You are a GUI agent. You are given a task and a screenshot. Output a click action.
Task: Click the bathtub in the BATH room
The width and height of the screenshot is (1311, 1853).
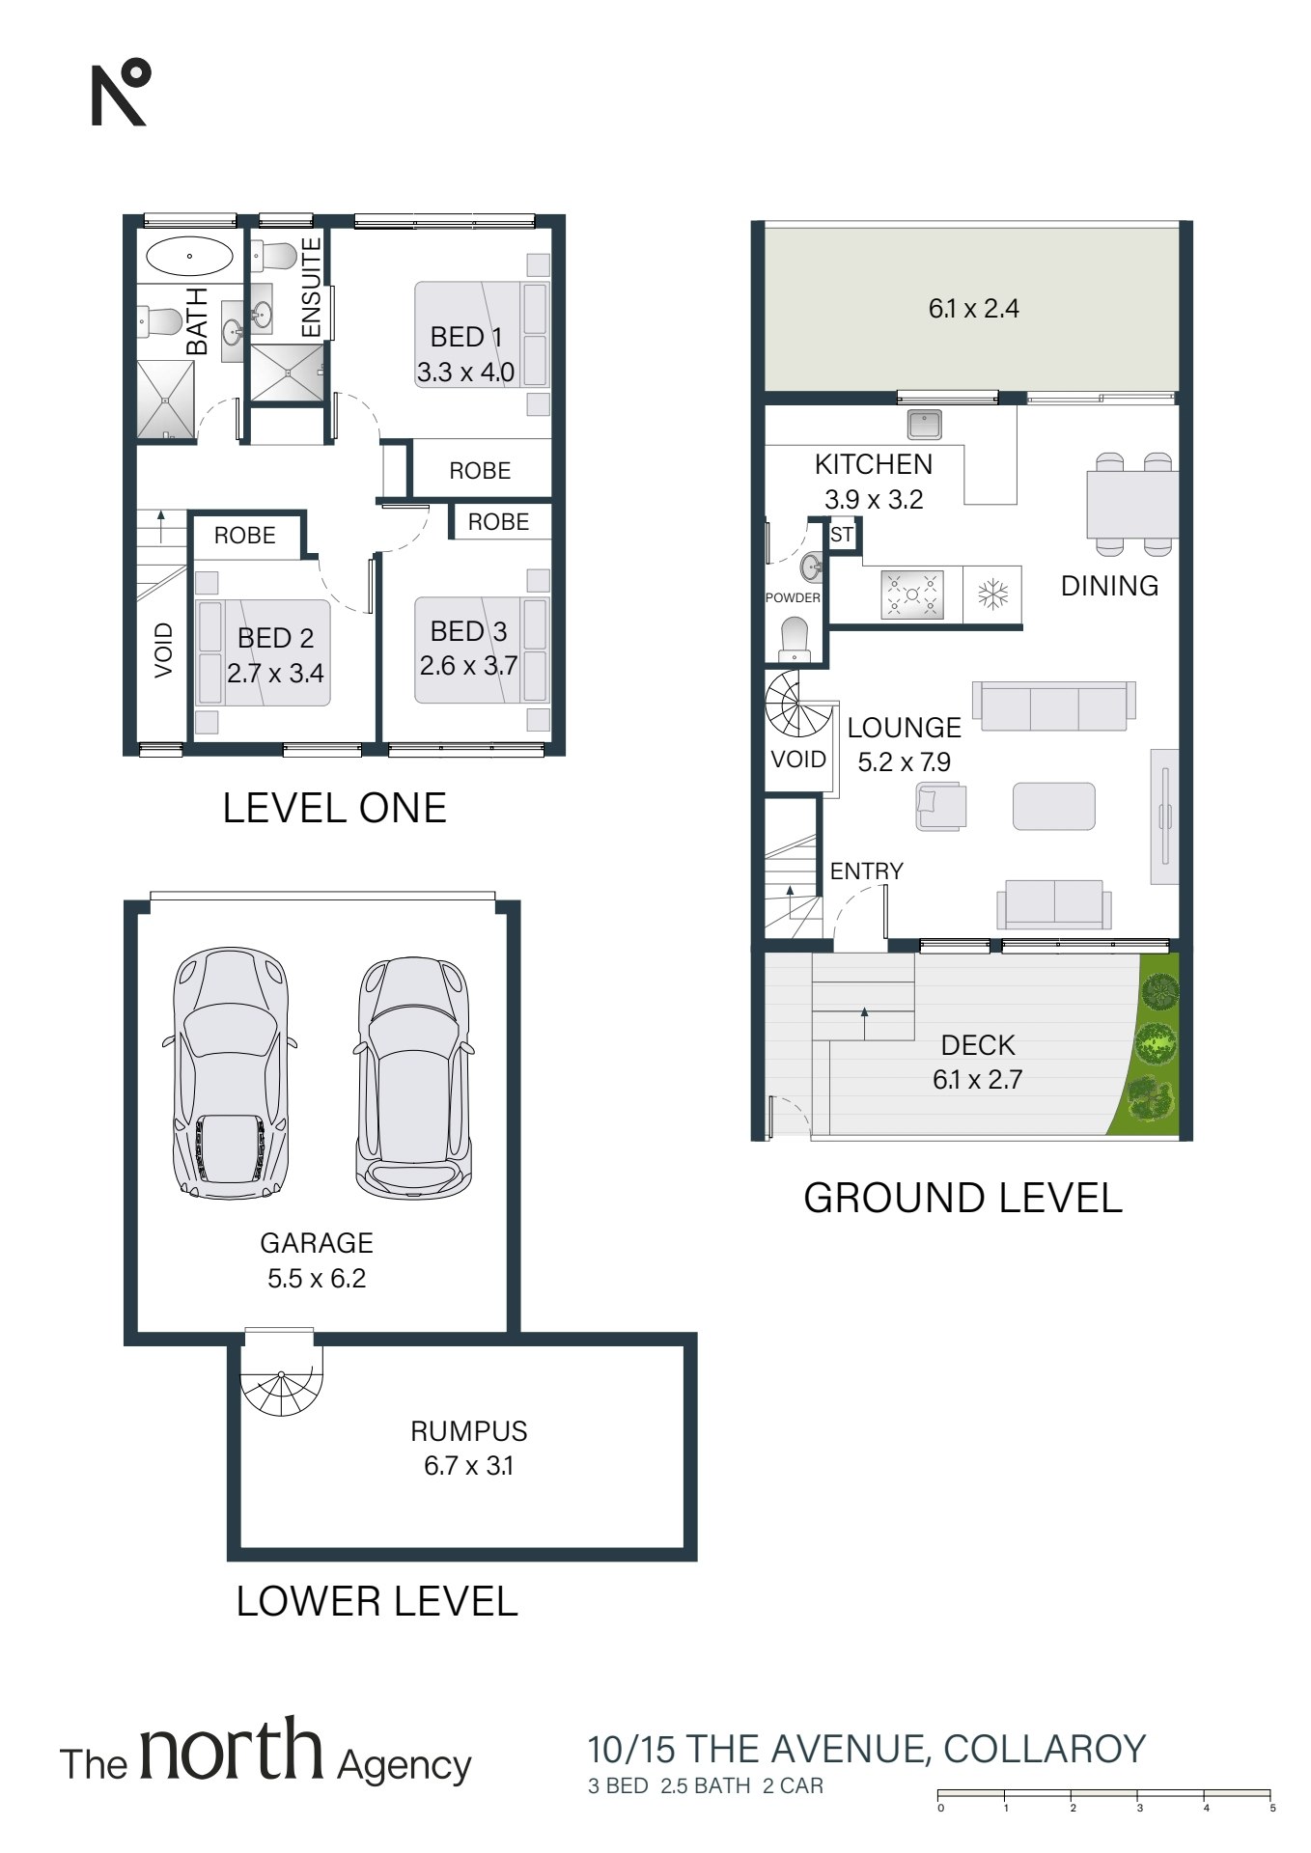click(189, 257)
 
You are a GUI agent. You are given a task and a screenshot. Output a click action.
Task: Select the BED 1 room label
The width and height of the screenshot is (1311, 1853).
click(465, 337)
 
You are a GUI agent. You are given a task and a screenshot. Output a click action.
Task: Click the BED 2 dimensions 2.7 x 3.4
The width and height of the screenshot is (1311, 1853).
click(275, 673)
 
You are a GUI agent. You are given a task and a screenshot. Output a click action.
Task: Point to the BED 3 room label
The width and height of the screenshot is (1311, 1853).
click(468, 631)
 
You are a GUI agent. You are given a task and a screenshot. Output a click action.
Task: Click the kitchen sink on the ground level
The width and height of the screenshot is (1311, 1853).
click(924, 423)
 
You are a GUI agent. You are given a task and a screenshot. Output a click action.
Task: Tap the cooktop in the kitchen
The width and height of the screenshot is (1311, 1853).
click(911, 595)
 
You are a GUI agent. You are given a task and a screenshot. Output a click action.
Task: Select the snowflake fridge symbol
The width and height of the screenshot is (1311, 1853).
click(992, 595)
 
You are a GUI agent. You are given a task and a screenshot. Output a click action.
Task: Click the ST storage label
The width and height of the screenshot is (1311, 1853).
click(842, 535)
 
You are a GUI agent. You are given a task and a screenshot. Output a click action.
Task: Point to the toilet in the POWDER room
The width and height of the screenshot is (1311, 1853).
click(794, 639)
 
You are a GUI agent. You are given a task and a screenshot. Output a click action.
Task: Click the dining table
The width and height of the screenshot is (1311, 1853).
click(1131, 504)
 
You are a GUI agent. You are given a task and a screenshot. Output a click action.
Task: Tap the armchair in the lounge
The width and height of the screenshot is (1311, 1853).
click(940, 806)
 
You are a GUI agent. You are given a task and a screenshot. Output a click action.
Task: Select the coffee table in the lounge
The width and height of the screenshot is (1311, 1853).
click(1053, 806)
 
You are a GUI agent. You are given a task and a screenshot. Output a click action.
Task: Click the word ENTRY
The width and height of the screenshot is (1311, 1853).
click(866, 871)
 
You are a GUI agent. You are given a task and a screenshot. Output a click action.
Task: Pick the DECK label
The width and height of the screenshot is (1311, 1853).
click(978, 1045)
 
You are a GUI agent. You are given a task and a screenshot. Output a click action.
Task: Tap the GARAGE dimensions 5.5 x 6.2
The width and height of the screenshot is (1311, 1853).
click(317, 1279)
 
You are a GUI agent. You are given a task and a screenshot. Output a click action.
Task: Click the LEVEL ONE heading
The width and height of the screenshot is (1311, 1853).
click(334, 808)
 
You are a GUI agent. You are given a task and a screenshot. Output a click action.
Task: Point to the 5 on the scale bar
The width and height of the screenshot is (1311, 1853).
click(1272, 1808)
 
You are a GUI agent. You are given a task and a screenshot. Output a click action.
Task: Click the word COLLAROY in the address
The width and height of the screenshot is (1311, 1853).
click(1045, 1749)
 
